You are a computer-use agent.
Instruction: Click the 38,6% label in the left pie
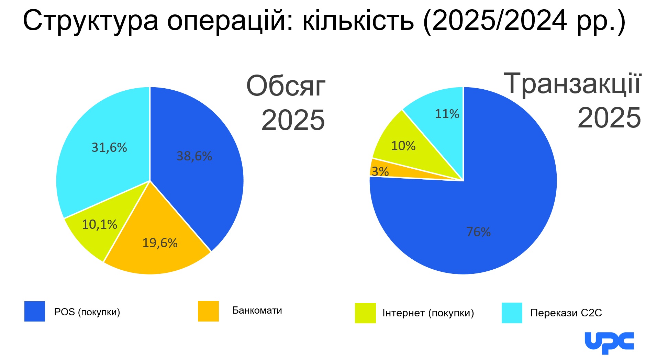(x=194, y=156)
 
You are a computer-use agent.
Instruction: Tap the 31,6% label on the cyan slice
(x=109, y=148)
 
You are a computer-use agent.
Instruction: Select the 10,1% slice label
(x=100, y=225)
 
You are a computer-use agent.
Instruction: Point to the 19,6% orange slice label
(x=160, y=243)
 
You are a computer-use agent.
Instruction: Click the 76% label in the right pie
(x=478, y=232)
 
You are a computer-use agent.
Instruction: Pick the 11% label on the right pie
(x=447, y=114)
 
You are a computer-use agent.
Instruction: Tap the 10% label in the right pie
(x=403, y=146)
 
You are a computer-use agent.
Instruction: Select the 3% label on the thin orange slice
(x=380, y=171)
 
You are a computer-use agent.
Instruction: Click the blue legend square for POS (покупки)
(x=35, y=311)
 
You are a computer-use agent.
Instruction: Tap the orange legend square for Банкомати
(x=208, y=311)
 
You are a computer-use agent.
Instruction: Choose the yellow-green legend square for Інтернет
(x=365, y=313)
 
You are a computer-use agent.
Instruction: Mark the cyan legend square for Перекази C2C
(x=512, y=313)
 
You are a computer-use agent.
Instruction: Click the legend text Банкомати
(x=257, y=311)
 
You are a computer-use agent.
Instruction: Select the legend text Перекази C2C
(x=566, y=313)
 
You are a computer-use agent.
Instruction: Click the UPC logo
(x=609, y=342)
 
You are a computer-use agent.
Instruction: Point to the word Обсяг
(x=286, y=86)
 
